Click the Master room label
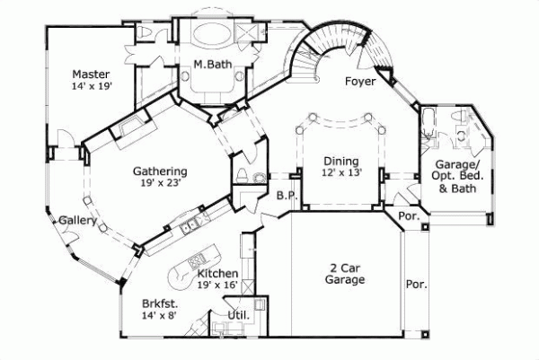tap(91, 74)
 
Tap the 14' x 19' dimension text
tap(91, 86)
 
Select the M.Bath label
tap(214, 65)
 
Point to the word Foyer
tap(361, 83)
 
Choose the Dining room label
tap(341, 162)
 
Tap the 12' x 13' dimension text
tap(341, 173)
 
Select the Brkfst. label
tap(161, 303)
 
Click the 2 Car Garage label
tap(344, 275)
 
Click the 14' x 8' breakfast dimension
tap(161, 316)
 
